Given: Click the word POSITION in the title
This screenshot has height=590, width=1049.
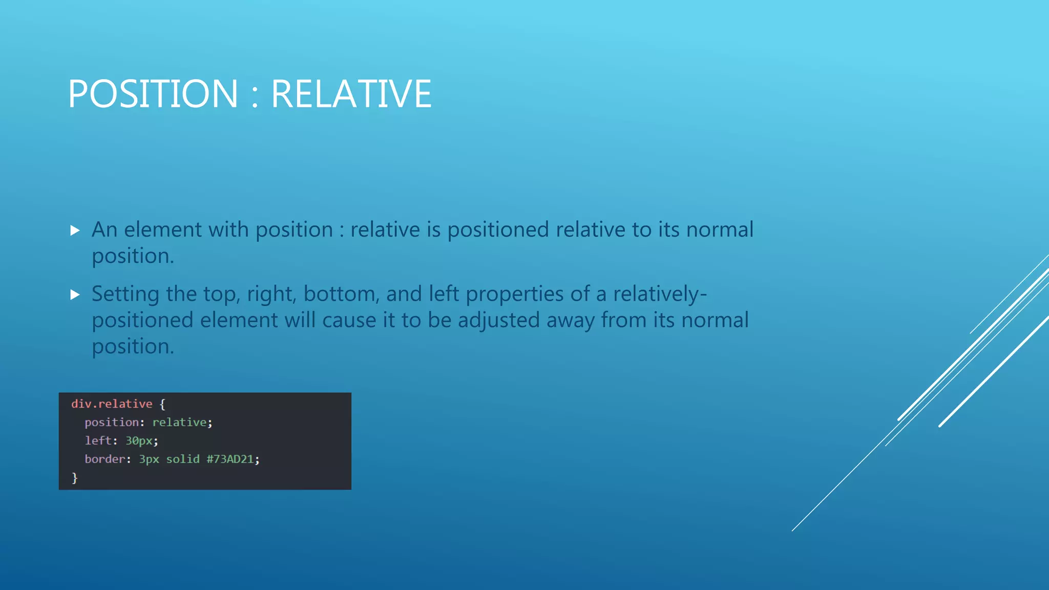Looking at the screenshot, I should pyautogui.click(x=153, y=94).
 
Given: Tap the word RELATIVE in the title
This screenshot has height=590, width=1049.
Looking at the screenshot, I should pyautogui.click(x=351, y=94).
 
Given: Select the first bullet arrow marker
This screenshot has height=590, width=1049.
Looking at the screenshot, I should pyautogui.click(x=75, y=230).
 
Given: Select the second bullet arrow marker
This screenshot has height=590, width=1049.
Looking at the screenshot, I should pyautogui.click(x=75, y=294).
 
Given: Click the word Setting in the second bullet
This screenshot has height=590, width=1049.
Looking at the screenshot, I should pyautogui.click(x=125, y=294).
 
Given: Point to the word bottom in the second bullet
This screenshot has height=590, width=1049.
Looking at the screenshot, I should pyautogui.click(x=342, y=294).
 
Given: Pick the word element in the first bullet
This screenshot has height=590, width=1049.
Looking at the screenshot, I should pyautogui.click(x=162, y=230).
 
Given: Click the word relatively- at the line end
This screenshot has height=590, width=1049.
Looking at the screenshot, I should pyautogui.click(x=660, y=294).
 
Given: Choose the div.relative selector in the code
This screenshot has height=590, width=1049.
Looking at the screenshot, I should pyautogui.click(x=112, y=404).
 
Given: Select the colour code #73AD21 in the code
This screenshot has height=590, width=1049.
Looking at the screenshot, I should pyautogui.click(x=230, y=459).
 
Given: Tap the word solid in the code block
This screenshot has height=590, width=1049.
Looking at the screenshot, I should pyautogui.click(x=183, y=459).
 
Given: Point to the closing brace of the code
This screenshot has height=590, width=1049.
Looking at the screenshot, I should pyautogui.click(x=75, y=478).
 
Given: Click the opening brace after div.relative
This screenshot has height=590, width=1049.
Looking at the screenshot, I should pyautogui.click(x=162, y=404).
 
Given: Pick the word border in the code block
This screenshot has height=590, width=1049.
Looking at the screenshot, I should pyautogui.click(x=104, y=459).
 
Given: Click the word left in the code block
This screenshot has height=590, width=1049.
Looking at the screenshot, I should pyautogui.click(x=98, y=441).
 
